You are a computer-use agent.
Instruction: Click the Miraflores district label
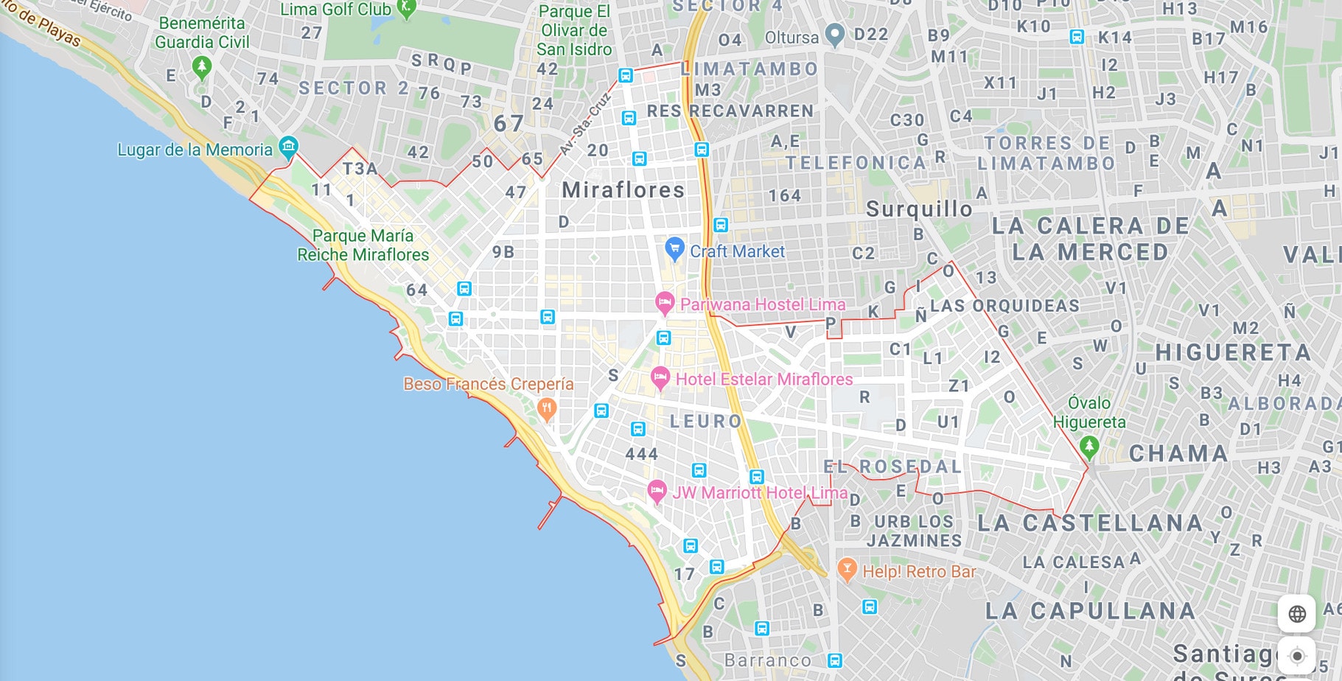(623, 190)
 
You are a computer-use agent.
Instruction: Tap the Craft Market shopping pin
(674, 248)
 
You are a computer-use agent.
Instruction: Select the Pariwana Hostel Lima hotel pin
(664, 302)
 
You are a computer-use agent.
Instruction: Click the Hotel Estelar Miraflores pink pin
(660, 378)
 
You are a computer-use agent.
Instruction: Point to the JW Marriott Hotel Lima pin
(656, 490)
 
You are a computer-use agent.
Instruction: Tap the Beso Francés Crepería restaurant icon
(546, 408)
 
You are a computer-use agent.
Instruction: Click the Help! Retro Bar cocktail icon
(847, 569)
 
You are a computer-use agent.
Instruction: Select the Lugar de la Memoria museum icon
(289, 145)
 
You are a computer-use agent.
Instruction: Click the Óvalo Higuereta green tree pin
(1088, 445)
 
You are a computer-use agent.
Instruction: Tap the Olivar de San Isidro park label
(574, 31)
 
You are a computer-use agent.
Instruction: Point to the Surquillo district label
(918, 209)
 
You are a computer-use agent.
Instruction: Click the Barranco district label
(767, 660)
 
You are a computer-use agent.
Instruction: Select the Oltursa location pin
(834, 33)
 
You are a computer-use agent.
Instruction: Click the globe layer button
(1297, 613)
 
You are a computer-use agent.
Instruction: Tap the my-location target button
(1297, 655)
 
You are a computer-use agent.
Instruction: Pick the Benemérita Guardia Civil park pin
(201, 67)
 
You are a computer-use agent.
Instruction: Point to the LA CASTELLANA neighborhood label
(1090, 523)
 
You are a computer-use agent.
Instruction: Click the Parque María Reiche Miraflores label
(363, 245)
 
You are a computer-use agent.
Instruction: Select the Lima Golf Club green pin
(406, 8)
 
